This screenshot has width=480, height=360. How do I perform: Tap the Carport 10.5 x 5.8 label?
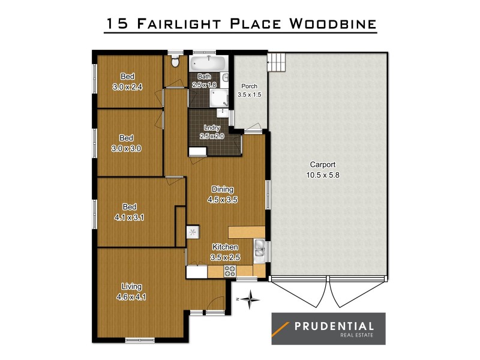[x=322, y=170]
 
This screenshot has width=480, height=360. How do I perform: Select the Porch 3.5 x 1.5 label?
[x=249, y=91]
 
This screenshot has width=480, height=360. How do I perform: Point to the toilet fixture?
[x=175, y=61]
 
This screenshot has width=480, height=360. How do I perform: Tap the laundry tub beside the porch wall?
[x=223, y=113]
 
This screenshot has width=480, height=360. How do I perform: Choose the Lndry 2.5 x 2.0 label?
[x=212, y=132]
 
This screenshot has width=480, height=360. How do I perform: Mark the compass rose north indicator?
[x=253, y=298]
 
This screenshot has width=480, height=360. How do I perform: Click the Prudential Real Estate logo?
[x=328, y=329]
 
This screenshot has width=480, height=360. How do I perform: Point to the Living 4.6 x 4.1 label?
[x=131, y=291]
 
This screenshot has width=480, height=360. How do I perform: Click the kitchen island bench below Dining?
[x=247, y=232]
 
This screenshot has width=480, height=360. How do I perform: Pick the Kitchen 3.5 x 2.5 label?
[x=225, y=252]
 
